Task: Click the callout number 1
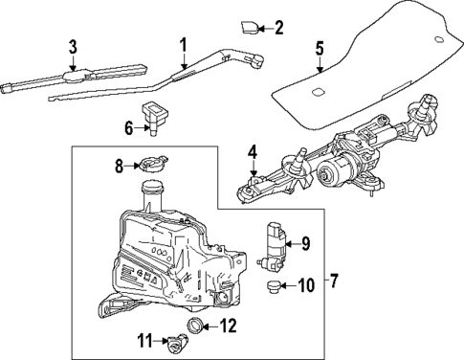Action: pyautogui.click(x=183, y=43)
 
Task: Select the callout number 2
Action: pyautogui.click(x=278, y=27)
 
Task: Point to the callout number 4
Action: pyautogui.click(x=253, y=150)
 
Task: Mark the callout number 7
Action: pyautogui.click(x=333, y=282)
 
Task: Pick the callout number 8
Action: pyautogui.click(x=121, y=166)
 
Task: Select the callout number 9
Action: pyautogui.click(x=307, y=243)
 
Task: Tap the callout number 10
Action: pyautogui.click(x=307, y=284)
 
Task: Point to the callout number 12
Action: pyautogui.click(x=227, y=325)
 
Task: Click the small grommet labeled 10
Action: pyautogui.click(x=275, y=285)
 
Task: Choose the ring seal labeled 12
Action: pyautogui.click(x=196, y=328)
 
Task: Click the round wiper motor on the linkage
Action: pyautogui.click(x=336, y=171)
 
